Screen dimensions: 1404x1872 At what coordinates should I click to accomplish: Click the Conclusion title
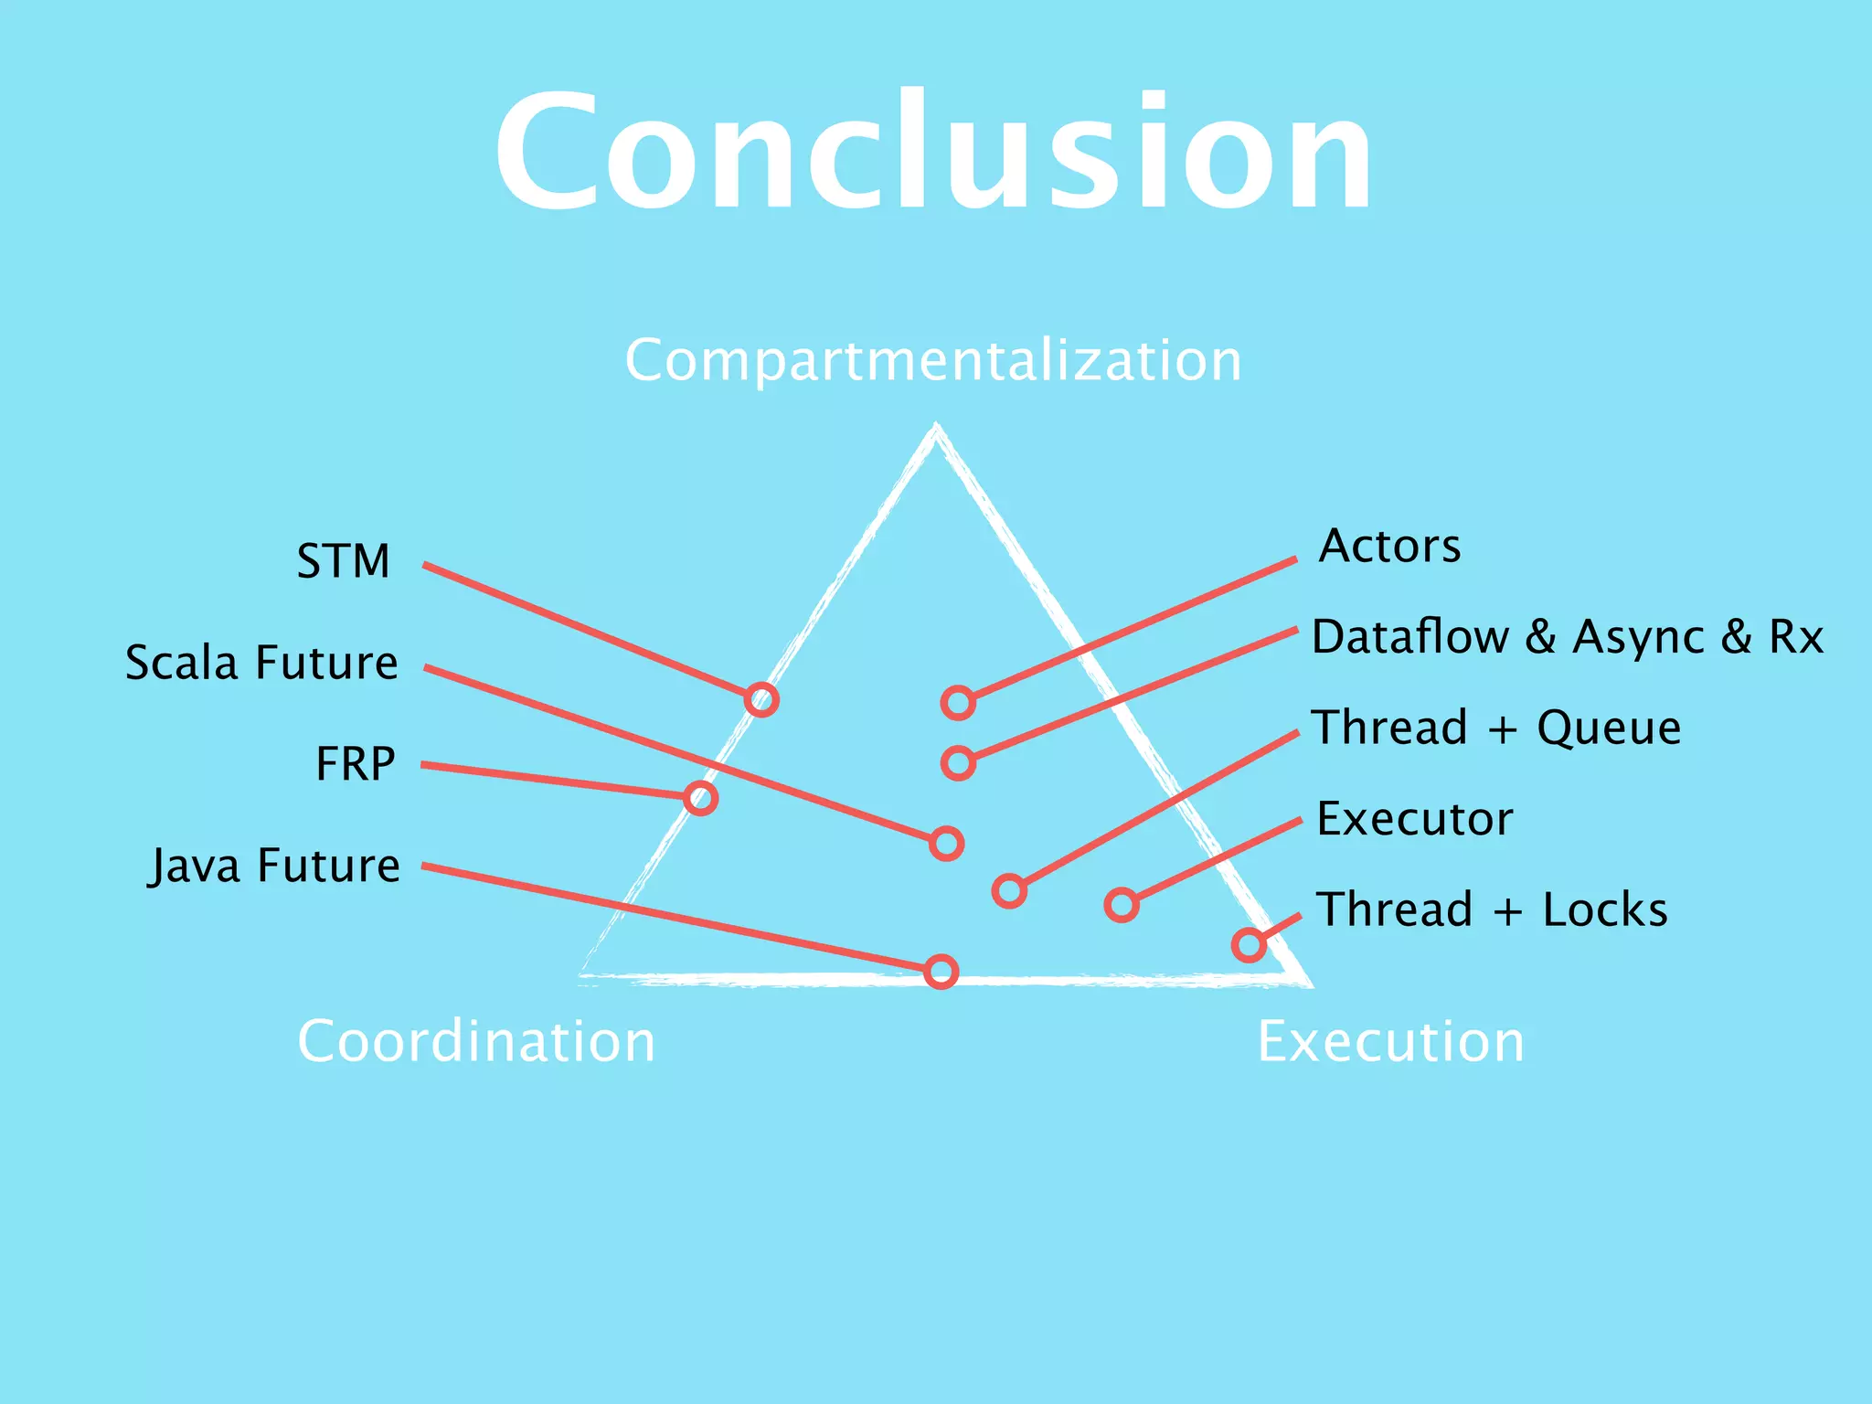pyautogui.click(x=933, y=151)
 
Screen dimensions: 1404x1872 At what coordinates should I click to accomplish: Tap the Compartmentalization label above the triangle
pyautogui.click(x=933, y=360)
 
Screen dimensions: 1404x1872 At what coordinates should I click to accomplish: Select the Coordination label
pyautogui.click(x=476, y=1041)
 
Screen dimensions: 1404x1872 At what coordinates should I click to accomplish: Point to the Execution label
pyautogui.click(x=1390, y=1041)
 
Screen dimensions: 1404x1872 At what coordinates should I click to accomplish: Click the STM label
pyautogui.click(x=343, y=561)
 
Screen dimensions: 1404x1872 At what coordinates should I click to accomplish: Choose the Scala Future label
pyautogui.click(x=261, y=663)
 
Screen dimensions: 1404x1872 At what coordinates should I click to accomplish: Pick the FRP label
pyautogui.click(x=355, y=764)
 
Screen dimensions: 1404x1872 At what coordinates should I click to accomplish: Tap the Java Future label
pyautogui.click(x=274, y=866)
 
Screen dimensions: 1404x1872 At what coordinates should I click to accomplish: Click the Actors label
pyautogui.click(x=1389, y=547)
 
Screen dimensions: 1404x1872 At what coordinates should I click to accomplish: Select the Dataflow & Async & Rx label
pyautogui.click(x=1567, y=637)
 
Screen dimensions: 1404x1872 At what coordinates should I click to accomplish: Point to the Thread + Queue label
pyautogui.click(x=1496, y=729)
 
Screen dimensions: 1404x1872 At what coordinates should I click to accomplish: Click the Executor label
pyautogui.click(x=1414, y=819)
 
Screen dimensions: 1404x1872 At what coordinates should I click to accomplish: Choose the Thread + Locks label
pyautogui.click(x=1492, y=910)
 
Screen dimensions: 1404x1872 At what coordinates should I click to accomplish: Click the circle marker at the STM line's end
pyautogui.click(x=761, y=700)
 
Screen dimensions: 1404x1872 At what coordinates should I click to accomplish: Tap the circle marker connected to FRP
pyautogui.click(x=700, y=798)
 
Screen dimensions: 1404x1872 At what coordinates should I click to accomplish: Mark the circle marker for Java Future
pyautogui.click(x=941, y=971)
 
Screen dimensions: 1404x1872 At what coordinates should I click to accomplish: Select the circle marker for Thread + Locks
pyautogui.click(x=1249, y=944)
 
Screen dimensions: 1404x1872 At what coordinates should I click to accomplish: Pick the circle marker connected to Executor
pyautogui.click(x=1122, y=905)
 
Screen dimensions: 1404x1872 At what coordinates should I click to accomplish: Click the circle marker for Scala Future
pyautogui.click(x=947, y=843)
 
